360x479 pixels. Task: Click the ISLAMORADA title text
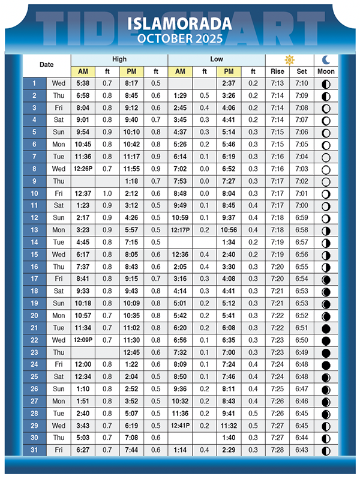tap(179, 24)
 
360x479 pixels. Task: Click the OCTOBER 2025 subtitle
tap(179, 39)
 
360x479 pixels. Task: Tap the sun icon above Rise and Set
tap(289, 60)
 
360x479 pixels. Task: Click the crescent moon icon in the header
tap(326, 59)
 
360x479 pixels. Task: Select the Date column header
tap(46, 65)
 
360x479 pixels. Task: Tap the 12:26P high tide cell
tap(83, 169)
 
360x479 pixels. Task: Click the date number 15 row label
tap(34, 255)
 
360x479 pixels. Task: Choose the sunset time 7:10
tap(302, 83)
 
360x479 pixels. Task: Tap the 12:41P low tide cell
tap(180, 426)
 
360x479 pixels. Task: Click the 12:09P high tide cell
tap(83, 340)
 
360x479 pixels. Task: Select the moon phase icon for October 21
tap(326, 328)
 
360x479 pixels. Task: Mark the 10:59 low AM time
tap(180, 218)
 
